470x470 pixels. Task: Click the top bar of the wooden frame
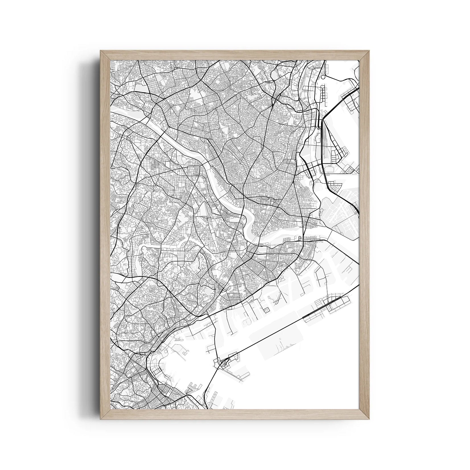[235, 55]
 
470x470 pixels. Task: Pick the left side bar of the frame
[105, 235]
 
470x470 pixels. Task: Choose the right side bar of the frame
[364, 235]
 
